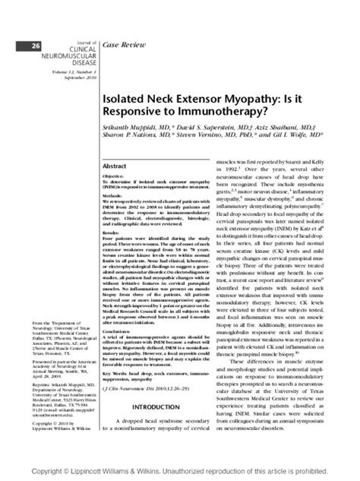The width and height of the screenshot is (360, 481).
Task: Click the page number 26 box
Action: tap(36, 46)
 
